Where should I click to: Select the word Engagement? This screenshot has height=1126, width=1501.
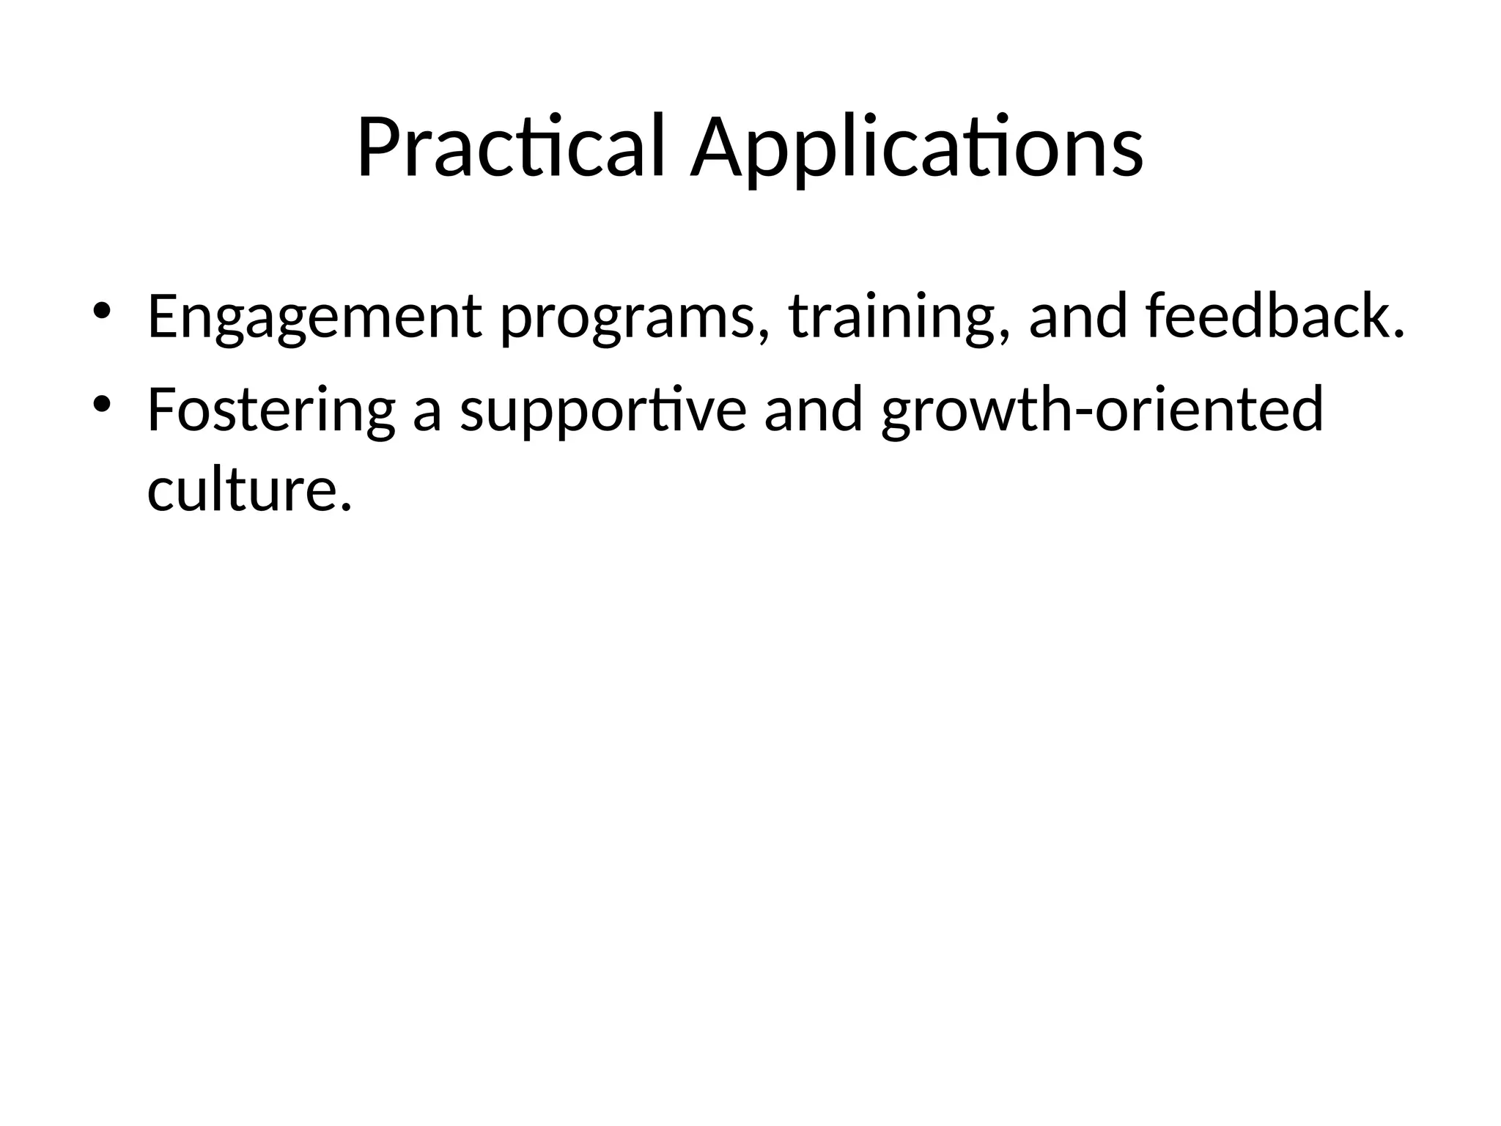(x=314, y=317)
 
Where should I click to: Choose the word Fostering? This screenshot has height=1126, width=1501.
(x=271, y=411)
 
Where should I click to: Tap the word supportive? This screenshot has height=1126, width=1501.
(x=602, y=411)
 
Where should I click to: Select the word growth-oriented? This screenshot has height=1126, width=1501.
(x=1102, y=411)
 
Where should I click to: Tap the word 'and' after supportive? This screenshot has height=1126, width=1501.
(x=813, y=411)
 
